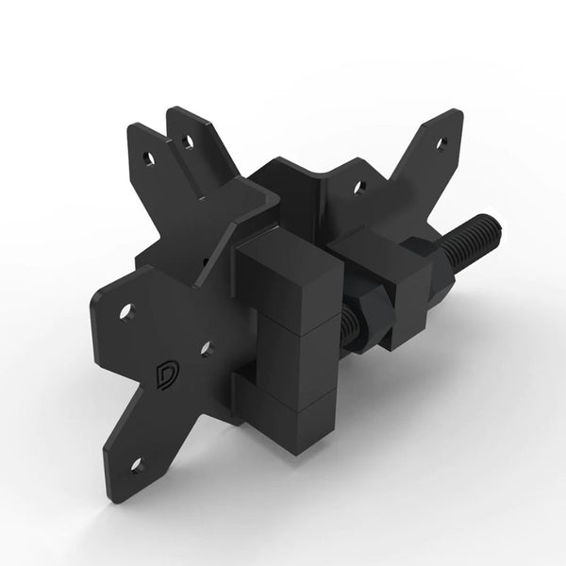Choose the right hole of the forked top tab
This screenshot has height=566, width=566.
(189, 142)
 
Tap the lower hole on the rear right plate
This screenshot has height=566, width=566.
(358, 188)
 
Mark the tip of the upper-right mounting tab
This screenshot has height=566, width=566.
(454, 116)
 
